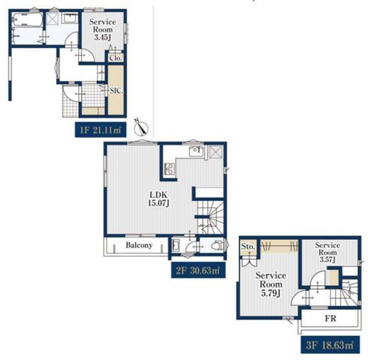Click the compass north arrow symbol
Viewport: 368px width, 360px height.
[141, 127]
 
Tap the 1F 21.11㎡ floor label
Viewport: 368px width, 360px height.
[101, 130]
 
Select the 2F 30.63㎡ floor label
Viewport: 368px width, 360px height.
[198, 270]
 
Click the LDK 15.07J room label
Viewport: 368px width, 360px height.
[158, 199]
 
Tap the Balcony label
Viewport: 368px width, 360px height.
[139, 245]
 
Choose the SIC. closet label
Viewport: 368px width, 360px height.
[116, 91]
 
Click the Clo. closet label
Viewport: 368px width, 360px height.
[116, 58]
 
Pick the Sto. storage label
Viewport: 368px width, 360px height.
[248, 247]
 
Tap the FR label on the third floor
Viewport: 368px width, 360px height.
[330, 319]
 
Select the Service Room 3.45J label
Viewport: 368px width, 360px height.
[103, 29]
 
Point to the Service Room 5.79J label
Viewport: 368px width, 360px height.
[271, 284]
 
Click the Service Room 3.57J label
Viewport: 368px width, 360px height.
[327, 253]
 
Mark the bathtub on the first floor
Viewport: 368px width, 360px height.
[28, 19]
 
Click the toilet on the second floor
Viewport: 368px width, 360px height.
[217, 246]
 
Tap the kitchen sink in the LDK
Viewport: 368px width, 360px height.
[196, 151]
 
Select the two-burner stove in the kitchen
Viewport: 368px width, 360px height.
[170, 169]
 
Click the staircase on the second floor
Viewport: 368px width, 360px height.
[210, 217]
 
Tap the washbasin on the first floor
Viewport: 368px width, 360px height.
[70, 19]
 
